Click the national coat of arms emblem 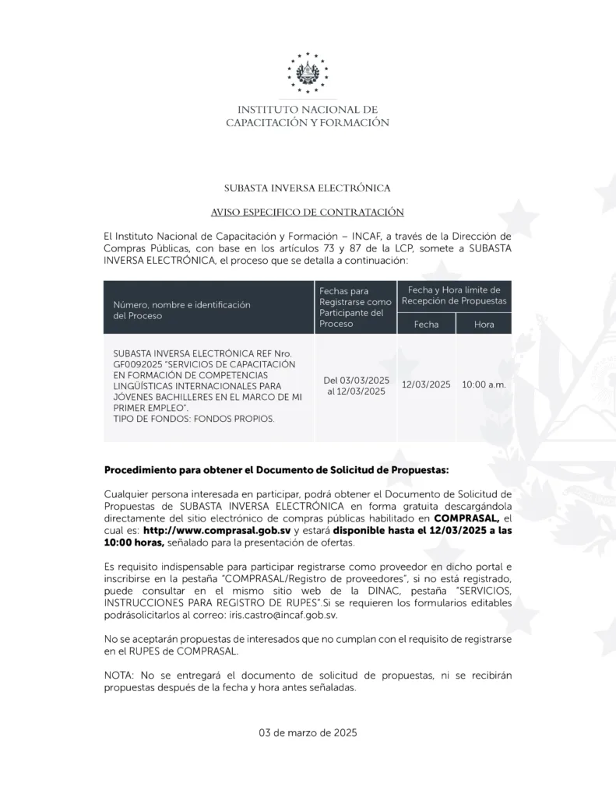pyautogui.click(x=308, y=73)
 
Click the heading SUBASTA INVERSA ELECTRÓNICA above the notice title pyautogui.click(x=308, y=188)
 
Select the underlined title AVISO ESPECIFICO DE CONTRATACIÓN pyautogui.click(x=308, y=212)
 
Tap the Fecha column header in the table pyautogui.click(x=426, y=324)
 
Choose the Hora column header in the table pyautogui.click(x=484, y=324)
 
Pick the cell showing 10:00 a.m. pyautogui.click(x=484, y=384)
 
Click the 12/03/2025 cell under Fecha pyautogui.click(x=426, y=384)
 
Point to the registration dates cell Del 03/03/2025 pyautogui.click(x=356, y=380)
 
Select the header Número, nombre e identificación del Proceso pyautogui.click(x=181, y=311)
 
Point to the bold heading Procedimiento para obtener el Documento pyautogui.click(x=276, y=471)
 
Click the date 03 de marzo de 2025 pyautogui.click(x=308, y=732)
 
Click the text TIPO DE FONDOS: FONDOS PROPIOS pyautogui.click(x=194, y=419)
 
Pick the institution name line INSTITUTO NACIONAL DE pyautogui.click(x=308, y=110)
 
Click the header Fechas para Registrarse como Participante pyautogui.click(x=355, y=307)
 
